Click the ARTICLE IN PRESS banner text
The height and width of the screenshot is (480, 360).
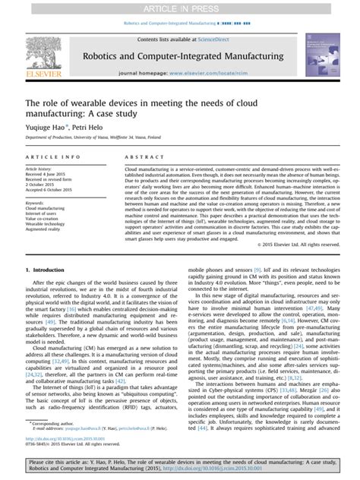click(x=179, y=7)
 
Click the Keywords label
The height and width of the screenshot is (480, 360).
click(x=34, y=204)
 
